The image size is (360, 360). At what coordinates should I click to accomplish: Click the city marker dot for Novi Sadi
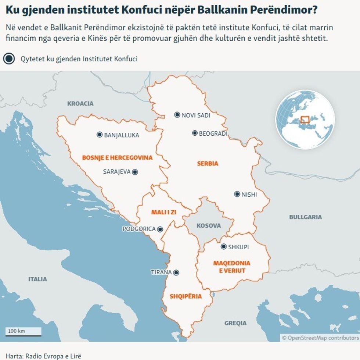(x=177, y=115)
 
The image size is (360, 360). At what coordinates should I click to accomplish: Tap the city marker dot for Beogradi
(x=195, y=133)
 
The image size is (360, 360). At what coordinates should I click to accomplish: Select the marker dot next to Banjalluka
(x=99, y=135)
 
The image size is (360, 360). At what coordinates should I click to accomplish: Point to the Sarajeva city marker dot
(x=135, y=171)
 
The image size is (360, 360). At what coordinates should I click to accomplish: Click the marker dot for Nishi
(x=237, y=194)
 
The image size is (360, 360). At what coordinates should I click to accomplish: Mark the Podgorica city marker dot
(x=160, y=229)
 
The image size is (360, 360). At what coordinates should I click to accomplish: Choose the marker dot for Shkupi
(x=223, y=247)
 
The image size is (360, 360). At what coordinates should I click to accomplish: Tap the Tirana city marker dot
(x=176, y=272)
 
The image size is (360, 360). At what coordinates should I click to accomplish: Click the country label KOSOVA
(x=208, y=226)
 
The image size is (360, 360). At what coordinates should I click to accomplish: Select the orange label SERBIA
(x=208, y=163)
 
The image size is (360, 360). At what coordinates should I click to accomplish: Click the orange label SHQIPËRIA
(x=186, y=296)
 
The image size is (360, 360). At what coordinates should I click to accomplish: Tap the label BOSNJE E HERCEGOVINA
(x=117, y=158)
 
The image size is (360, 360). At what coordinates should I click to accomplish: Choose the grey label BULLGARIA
(x=305, y=217)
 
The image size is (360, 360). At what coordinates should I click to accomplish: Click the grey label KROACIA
(x=80, y=103)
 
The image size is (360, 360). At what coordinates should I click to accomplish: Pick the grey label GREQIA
(x=235, y=323)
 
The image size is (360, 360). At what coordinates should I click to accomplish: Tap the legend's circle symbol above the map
(x=9, y=58)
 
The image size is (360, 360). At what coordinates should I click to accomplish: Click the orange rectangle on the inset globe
(x=305, y=120)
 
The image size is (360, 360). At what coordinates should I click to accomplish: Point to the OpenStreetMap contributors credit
(x=320, y=338)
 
